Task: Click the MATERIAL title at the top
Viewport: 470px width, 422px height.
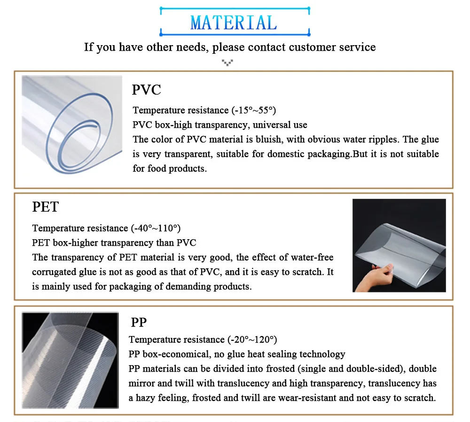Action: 234,23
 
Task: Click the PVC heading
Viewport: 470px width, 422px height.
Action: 147,89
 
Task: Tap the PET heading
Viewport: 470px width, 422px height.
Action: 46,207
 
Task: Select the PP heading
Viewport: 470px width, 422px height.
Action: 139,322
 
